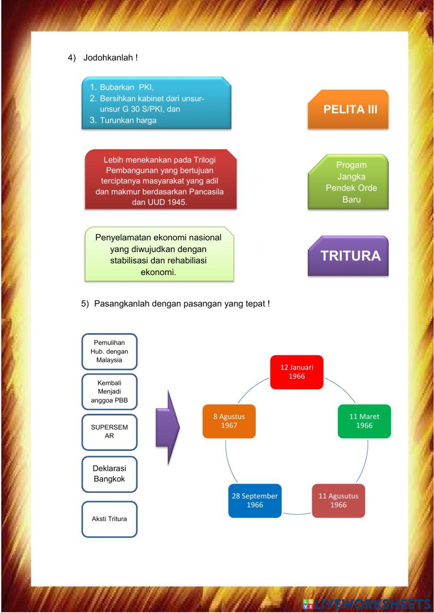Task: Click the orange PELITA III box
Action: click(x=348, y=109)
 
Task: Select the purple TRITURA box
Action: click(x=348, y=256)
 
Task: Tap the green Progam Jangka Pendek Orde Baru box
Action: click(x=348, y=182)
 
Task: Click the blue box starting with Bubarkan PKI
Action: click(x=156, y=103)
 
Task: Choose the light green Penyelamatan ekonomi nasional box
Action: click(x=159, y=255)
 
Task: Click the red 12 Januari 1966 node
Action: click(x=297, y=372)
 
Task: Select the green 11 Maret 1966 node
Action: click(x=364, y=421)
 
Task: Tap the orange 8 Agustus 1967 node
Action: click(x=229, y=421)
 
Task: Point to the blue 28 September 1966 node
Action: click(x=255, y=501)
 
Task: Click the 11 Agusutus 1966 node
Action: click(x=339, y=501)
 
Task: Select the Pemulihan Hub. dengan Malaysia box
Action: click(x=109, y=351)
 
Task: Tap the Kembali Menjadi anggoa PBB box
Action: click(x=109, y=392)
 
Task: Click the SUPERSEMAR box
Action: click(x=109, y=432)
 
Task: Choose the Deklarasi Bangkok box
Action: click(x=109, y=474)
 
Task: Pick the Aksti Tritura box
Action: click(x=109, y=519)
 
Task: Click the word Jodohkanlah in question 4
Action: click(x=108, y=58)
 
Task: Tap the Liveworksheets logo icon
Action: click(x=308, y=603)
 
